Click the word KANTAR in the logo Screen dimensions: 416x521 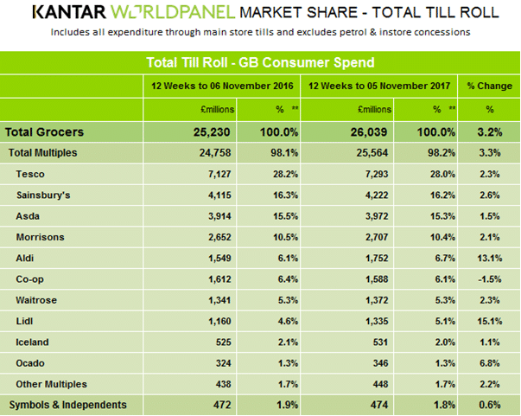[68, 14]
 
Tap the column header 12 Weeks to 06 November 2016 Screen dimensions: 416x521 [222, 86]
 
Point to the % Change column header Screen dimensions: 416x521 [490, 86]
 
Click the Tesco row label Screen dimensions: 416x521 [30, 175]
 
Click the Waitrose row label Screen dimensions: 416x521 [37, 300]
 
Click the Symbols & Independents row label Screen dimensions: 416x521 [67, 405]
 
